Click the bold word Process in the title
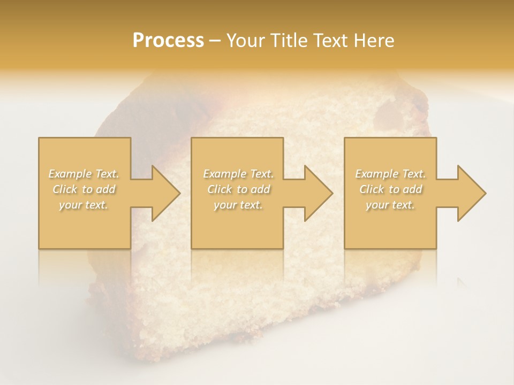point(168,41)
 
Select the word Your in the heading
point(245,41)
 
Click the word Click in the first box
point(64,189)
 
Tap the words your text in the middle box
point(238,205)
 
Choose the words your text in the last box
point(390,205)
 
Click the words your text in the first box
point(83,205)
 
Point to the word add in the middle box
point(260,189)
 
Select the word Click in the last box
point(371,189)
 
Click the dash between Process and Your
point(215,41)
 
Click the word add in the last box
point(413,189)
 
